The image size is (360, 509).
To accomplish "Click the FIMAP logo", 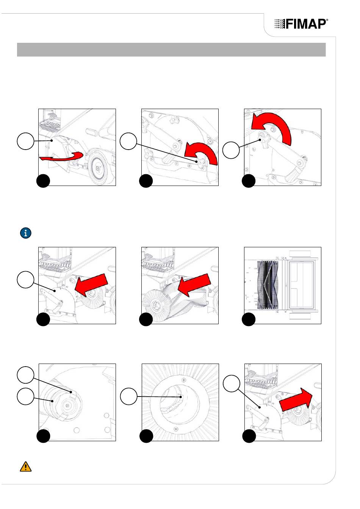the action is [301, 24].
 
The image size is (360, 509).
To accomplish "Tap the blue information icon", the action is [25, 233].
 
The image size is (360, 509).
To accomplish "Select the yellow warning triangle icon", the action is [25, 467].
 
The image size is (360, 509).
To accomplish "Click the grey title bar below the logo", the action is [171, 50].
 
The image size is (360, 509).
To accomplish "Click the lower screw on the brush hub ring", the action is [177, 428].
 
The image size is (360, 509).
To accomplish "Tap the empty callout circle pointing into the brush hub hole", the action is [128, 397].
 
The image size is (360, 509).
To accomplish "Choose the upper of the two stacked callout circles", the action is [25, 375].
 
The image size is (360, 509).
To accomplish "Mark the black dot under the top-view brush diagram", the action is [249, 320].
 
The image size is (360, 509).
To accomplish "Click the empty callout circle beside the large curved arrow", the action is [231, 150].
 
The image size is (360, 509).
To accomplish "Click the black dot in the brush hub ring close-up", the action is [146, 436].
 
